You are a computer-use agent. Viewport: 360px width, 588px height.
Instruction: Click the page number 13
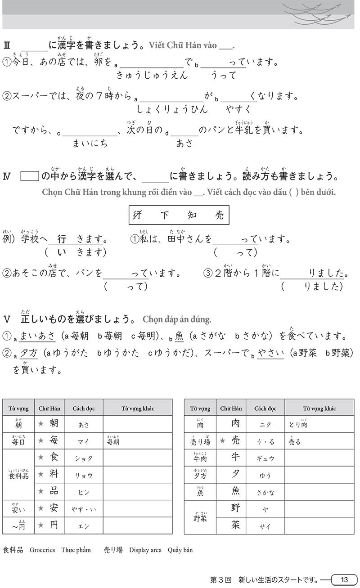(344, 579)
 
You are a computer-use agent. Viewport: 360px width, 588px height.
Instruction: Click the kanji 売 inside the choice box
(219, 215)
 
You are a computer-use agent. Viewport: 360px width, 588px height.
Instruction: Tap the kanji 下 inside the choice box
(165, 215)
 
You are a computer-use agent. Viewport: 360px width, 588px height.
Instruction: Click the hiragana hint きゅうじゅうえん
(152, 75)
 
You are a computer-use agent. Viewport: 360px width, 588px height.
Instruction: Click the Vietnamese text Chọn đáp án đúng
(177, 319)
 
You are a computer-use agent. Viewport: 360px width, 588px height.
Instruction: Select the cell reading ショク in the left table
(83, 458)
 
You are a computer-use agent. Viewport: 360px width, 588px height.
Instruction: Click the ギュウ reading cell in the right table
(265, 458)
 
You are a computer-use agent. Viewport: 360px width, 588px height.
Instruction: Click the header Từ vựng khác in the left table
(138, 408)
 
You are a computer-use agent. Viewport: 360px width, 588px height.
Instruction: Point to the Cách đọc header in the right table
(265, 408)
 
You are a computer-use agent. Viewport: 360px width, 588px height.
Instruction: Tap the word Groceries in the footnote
(42, 550)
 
